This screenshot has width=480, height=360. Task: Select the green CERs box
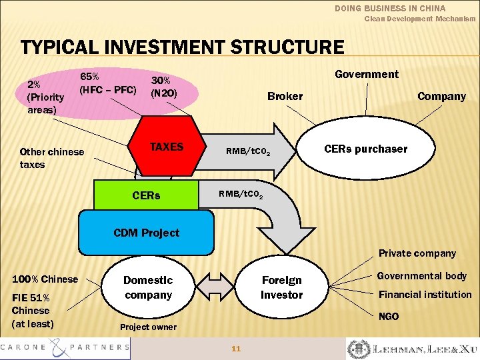[x=146, y=196]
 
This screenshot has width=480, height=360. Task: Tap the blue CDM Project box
[x=147, y=232]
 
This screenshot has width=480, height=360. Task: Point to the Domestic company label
[x=148, y=287]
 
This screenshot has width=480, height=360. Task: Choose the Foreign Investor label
[x=281, y=287]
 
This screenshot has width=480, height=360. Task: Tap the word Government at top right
[x=366, y=74]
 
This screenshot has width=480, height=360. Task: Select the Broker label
[x=285, y=96]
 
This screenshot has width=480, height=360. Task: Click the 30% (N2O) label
[x=164, y=86]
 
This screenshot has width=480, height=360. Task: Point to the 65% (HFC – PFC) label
[x=108, y=83]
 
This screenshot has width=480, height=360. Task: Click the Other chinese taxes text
[x=52, y=158]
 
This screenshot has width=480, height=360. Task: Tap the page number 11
[x=235, y=348]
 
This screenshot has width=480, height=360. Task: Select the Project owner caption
[x=148, y=327]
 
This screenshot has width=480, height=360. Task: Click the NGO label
[x=388, y=317]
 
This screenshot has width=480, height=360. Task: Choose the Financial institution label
[x=425, y=295]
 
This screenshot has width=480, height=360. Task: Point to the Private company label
[x=417, y=253]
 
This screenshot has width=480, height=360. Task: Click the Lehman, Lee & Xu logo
[x=412, y=349]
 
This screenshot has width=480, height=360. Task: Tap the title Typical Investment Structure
[x=183, y=48]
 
